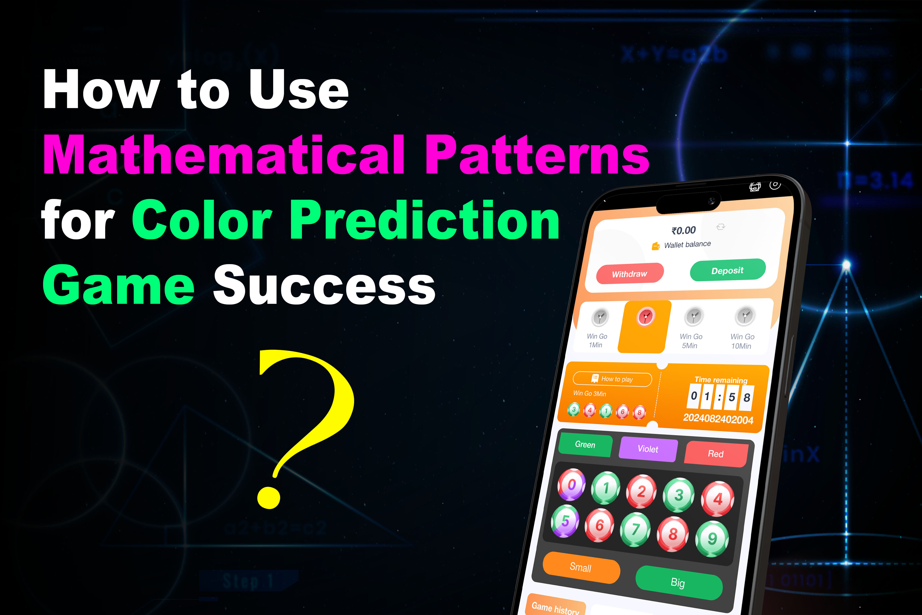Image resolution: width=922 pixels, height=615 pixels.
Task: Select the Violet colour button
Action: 648,449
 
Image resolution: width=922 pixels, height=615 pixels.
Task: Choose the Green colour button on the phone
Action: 585,444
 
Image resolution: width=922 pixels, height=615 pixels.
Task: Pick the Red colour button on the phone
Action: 715,454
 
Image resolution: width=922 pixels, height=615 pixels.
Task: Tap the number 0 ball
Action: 572,485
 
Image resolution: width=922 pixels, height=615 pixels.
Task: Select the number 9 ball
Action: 712,538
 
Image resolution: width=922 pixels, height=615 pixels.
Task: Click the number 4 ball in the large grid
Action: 717,499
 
